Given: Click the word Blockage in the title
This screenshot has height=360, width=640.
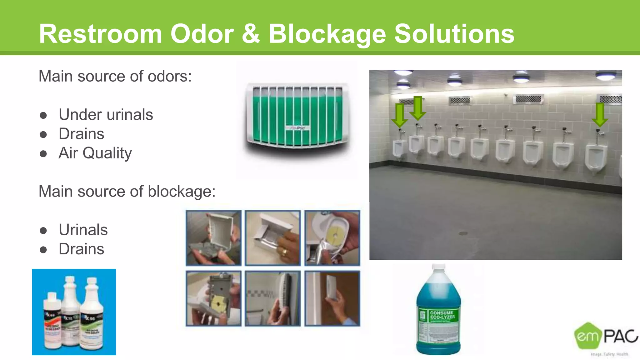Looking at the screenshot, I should (327, 34).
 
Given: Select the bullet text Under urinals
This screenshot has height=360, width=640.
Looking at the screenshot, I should (106, 114).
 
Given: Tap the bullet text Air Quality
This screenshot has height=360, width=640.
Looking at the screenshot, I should (95, 153).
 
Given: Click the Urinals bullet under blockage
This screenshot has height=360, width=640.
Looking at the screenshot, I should (83, 230).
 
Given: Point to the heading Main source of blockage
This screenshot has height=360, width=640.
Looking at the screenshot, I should (127, 191).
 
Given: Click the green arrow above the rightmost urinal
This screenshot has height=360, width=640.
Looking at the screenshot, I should (599, 114).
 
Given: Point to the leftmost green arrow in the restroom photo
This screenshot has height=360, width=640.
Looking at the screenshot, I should (399, 115).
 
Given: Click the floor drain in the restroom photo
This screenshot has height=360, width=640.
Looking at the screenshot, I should (463, 233).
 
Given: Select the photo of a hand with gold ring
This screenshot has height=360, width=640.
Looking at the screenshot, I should (272, 238).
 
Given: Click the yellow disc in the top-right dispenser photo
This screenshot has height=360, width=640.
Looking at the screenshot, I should (335, 232).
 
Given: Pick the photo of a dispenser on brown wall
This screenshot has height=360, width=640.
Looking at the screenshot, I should (332, 298).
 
